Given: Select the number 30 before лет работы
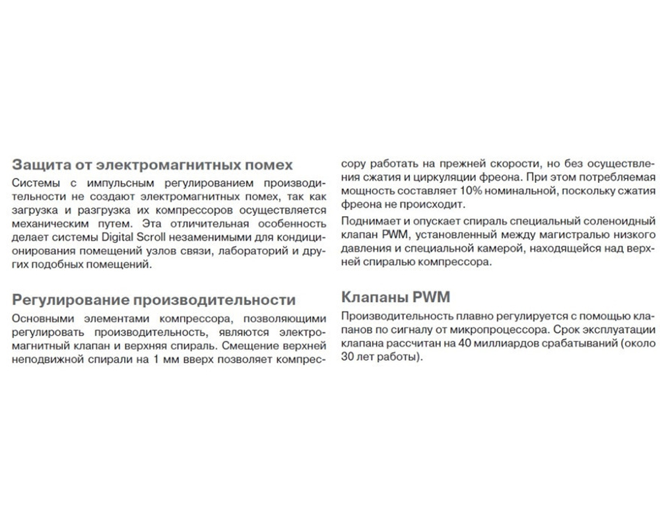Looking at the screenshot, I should click(x=348, y=358).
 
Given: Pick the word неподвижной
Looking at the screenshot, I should click(x=44, y=359).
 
